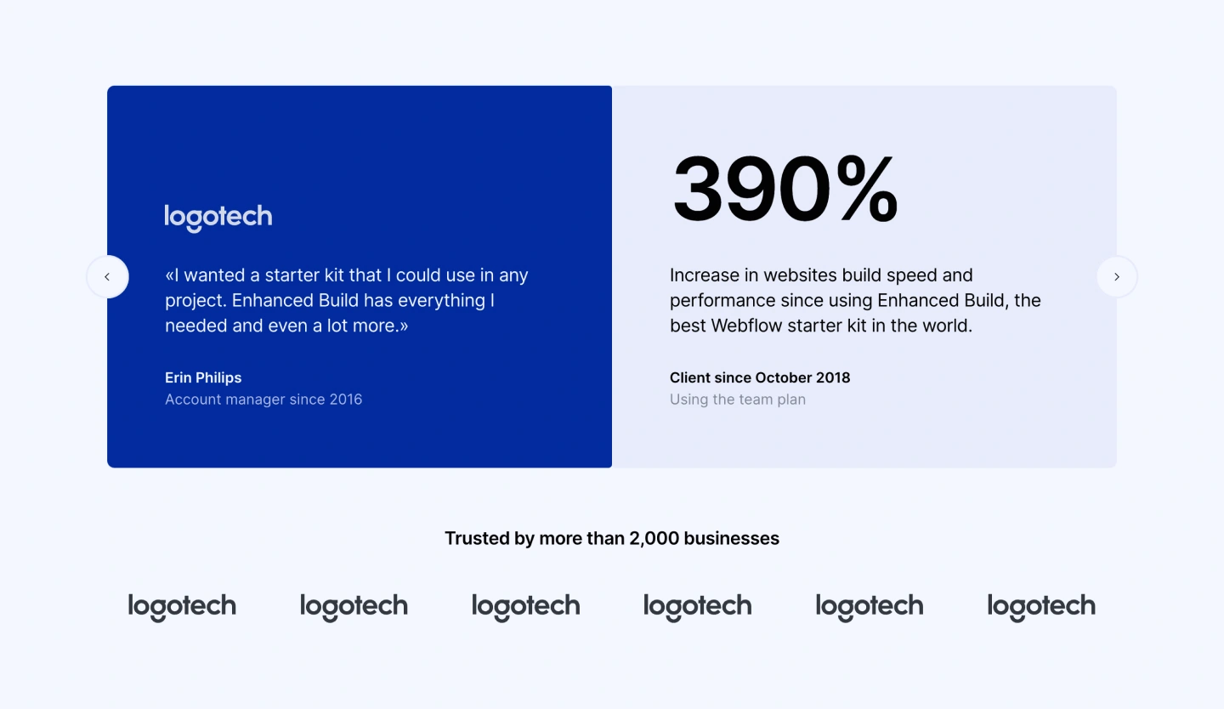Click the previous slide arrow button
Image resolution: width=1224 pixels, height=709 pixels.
click(x=108, y=276)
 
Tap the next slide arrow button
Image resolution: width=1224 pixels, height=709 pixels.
click(x=1117, y=276)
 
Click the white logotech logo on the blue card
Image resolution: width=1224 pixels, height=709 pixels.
click(x=218, y=218)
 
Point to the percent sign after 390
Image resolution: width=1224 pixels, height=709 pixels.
click(x=867, y=188)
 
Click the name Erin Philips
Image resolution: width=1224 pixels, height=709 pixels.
click(x=203, y=377)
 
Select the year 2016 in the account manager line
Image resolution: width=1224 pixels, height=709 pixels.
click(x=345, y=400)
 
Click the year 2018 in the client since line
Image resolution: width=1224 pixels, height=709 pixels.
click(x=833, y=377)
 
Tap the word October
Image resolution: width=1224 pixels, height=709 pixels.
click(x=783, y=377)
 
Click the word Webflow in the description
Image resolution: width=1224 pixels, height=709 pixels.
click(x=747, y=326)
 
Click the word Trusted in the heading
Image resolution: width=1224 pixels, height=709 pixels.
click(x=478, y=538)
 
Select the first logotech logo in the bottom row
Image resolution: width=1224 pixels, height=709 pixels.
click(x=183, y=607)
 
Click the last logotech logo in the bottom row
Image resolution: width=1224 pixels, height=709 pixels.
click(x=1041, y=607)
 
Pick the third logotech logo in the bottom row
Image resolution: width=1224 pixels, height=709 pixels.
click(x=525, y=607)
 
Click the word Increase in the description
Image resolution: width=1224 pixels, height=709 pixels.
click(x=705, y=275)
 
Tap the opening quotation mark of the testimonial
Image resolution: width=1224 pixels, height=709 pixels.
click(x=169, y=275)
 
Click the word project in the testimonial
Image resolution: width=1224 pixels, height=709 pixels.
click(x=195, y=302)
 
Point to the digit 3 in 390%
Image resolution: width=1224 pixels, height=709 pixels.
click(x=697, y=189)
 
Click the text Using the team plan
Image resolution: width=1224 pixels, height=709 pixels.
click(x=738, y=400)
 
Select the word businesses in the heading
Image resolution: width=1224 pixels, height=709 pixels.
click(x=732, y=538)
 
